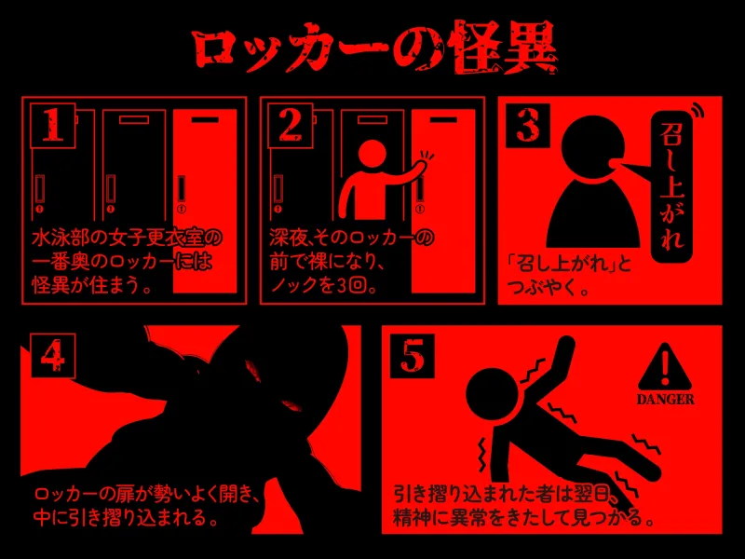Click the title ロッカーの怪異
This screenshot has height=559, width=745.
pyautogui.click(x=372, y=45)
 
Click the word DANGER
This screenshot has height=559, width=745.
pyautogui.click(x=665, y=400)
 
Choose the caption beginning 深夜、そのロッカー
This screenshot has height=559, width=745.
pyautogui.click(x=352, y=262)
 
